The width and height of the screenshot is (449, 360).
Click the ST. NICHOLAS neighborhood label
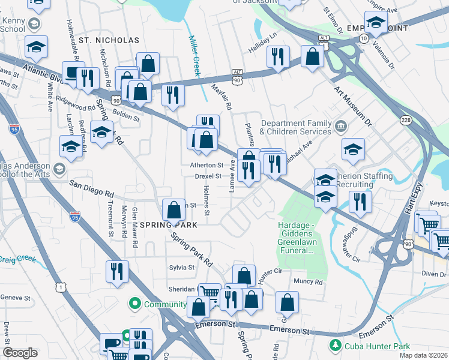(x=109, y=40)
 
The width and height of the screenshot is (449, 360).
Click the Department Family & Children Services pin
(x=341, y=127)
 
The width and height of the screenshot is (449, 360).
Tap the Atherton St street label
(x=208, y=164)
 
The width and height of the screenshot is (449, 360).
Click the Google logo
(x=20, y=352)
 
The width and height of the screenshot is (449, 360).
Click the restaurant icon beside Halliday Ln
(x=277, y=57)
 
